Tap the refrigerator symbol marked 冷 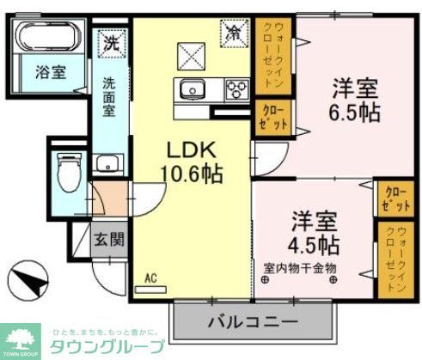coord(233,34)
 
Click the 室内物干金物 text coord(302,267)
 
